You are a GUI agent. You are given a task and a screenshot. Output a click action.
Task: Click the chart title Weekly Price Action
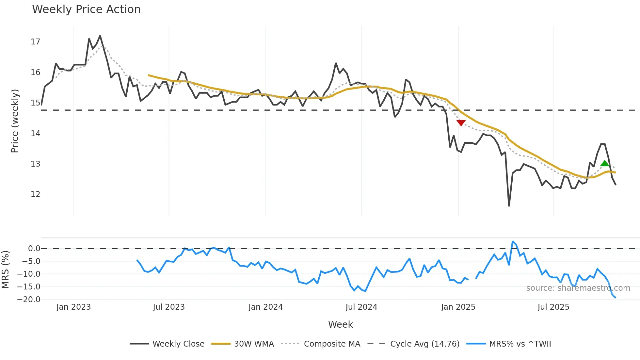coord(86,9)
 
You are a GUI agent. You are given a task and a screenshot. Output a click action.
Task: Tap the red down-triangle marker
coord(461,123)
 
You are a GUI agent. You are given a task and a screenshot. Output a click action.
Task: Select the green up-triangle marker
coord(605,164)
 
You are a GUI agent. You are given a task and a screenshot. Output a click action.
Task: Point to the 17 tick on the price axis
coord(36,42)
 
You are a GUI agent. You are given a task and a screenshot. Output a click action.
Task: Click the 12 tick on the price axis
coord(36,194)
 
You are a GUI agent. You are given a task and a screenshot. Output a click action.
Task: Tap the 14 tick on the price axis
coord(36,133)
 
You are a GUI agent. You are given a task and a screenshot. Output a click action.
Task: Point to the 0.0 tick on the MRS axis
coord(34,249)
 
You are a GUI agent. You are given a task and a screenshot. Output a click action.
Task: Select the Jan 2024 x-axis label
coord(265,307)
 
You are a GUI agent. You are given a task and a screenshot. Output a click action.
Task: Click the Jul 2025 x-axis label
coord(553,307)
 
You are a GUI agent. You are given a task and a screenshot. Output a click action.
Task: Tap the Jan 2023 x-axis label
coord(73,307)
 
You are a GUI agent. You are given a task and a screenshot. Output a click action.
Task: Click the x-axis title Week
coord(340,324)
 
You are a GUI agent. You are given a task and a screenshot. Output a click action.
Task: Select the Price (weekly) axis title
coord(15,121)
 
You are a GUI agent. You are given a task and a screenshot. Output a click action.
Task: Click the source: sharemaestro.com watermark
coord(578,288)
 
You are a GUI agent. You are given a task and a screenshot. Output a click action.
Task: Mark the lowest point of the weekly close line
coord(509,206)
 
